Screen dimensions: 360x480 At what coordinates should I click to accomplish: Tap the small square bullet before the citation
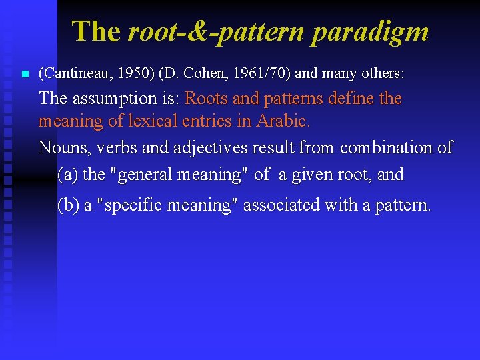click(25, 73)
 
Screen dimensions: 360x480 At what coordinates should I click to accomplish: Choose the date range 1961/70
click(253, 72)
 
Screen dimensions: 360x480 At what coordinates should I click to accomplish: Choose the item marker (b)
click(68, 205)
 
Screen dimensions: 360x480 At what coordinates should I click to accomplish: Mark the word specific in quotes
click(133, 205)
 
